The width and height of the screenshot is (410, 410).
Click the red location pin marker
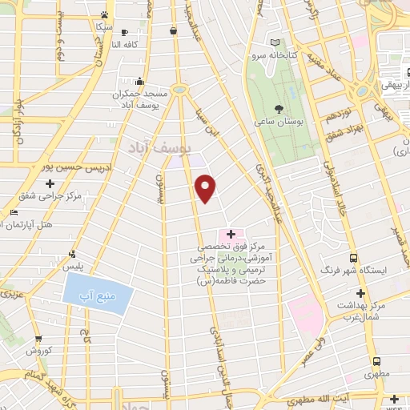tap(206, 187)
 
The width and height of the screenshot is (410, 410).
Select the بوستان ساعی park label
tap(279, 122)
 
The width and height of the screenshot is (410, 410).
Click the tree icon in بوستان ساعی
tap(278, 108)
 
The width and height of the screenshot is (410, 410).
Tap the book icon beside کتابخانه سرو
tap(275, 42)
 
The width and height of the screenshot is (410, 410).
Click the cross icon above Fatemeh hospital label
tap(231, 234)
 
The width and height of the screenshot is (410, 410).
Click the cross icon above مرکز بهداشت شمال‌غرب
tap(360, 294)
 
